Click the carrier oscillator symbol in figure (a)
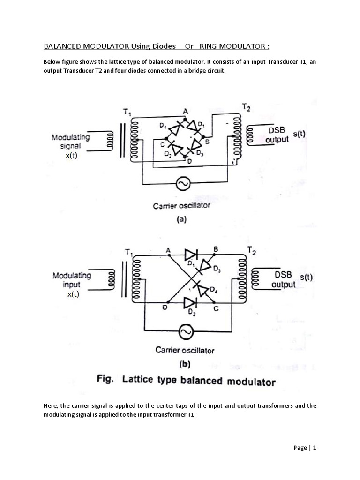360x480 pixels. pos(183,185)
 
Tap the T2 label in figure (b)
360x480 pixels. pos(252,253)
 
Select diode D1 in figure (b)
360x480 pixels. pos(191,255)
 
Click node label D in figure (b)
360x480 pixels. pos(164,307)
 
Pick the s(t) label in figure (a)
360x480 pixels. pos(299,134)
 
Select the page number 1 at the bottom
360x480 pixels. pos(315,448)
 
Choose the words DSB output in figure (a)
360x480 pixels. pos(277,135)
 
